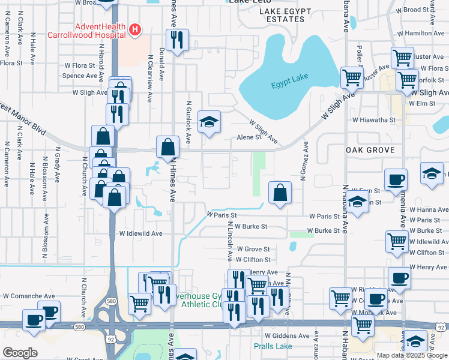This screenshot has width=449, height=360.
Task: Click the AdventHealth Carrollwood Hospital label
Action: pos(100,31)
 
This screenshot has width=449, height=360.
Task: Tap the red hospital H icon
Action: pos(136,29)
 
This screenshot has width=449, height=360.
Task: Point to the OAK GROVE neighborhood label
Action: pos(369,150)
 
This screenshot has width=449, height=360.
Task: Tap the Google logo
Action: pos(20,353)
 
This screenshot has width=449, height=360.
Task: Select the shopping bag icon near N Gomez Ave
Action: pos(280,193)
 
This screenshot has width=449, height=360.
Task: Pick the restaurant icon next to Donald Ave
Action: pos(177,41)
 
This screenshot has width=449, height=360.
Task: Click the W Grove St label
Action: pos(253,249)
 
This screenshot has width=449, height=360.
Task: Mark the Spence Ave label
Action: pos(80,76)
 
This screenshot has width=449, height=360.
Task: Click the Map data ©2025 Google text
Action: pos(412,355)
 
